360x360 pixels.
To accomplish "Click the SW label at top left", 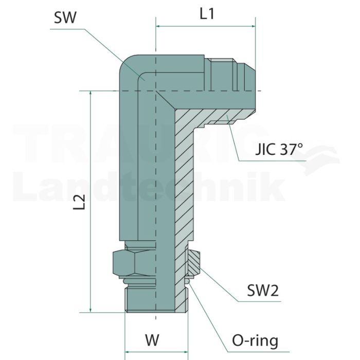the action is (x=65, y=17).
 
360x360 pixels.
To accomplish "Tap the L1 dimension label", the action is (x=207, y=14).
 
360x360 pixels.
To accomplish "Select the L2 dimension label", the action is (x=79, y=202).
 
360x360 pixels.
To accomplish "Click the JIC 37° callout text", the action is (x=279, y=149).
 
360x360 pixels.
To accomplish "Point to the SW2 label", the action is (x=263, y=290).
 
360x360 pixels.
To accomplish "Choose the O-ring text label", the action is (x=255, y=340).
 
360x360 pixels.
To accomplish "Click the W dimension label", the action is (x=152, y=340).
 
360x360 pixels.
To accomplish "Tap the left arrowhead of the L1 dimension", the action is (x=158, y=26).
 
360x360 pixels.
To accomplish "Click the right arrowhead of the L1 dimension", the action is (x=253, y=26).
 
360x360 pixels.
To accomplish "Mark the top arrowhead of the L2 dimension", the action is (x=91, y=93).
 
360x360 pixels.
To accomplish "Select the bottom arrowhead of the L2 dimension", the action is (x=91, y=310).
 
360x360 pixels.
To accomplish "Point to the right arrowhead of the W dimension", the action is (x=186, y=352).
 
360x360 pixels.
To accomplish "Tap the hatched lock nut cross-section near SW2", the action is (x=193, y=262).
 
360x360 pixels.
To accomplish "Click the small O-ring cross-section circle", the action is (x=188, y=281).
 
